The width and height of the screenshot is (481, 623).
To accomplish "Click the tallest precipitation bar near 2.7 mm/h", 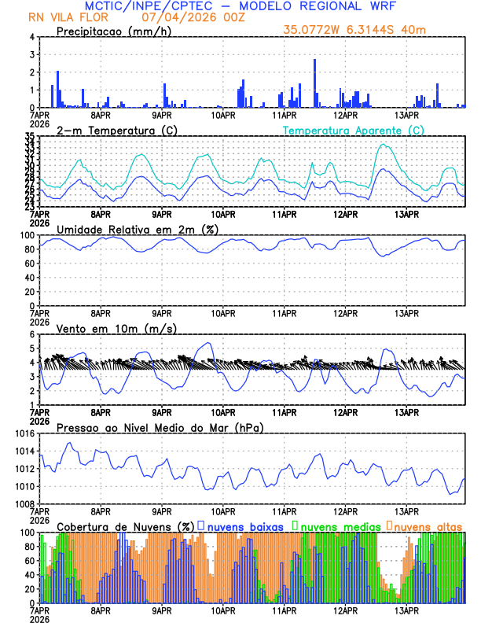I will [315, 83].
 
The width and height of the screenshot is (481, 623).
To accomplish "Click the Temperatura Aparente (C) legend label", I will [353, 130].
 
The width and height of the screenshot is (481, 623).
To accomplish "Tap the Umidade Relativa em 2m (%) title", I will [138, 229].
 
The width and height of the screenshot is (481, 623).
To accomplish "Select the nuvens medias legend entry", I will [336, 525].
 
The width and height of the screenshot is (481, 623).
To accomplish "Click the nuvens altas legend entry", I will [425, 525].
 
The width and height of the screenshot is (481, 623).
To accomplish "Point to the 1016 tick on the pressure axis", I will [23, 433].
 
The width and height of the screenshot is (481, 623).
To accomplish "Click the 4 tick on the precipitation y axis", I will [31, 37].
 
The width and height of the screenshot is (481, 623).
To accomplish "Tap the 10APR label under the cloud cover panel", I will [223, 610].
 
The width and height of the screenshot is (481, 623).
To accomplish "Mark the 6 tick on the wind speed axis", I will [31, 334].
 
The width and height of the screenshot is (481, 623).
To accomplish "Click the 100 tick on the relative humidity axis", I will [25, 235].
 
